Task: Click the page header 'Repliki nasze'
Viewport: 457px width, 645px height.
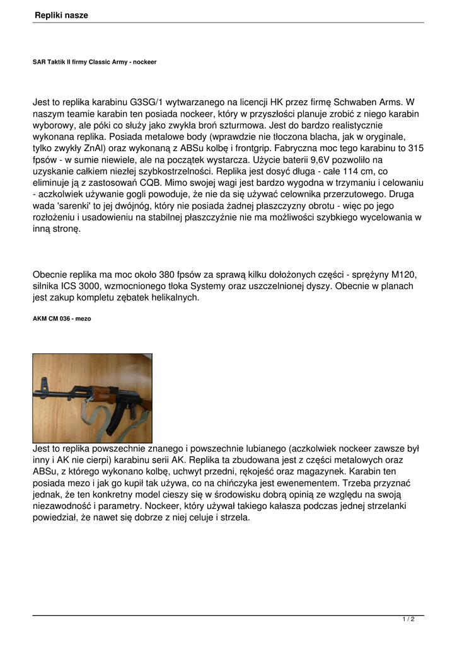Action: (x=62, y=14)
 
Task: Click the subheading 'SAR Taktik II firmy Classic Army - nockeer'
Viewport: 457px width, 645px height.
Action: (x=95, y=62)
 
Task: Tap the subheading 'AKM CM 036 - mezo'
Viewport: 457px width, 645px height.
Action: (x=62, y=319)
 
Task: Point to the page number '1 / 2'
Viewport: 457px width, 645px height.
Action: (x=408, y=620)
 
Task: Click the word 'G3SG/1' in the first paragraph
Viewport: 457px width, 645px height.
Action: (x=146, y=102)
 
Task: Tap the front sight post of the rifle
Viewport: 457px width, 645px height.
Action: (x=45, y=382)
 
